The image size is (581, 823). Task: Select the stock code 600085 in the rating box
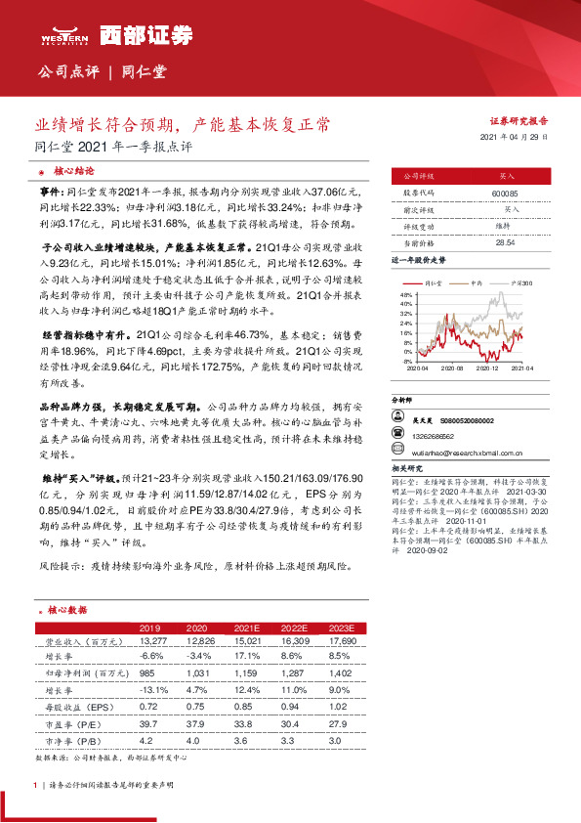(477, 193)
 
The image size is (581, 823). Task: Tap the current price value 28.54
(477, 241)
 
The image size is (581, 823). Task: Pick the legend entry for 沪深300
(519, 282)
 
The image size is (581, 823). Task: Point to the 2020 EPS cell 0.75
(196, 705)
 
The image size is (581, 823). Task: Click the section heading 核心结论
(75, 170)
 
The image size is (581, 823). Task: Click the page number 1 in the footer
(35, 786)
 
